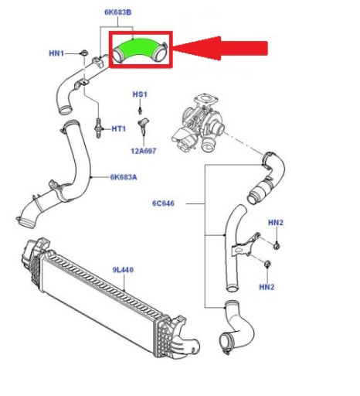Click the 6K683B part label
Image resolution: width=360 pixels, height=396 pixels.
(x=118, y=12)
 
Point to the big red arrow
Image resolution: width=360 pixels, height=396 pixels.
(x=220, y=48)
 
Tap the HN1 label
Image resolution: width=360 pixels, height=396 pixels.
(x=56, y=53)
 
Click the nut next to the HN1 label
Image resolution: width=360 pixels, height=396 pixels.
(x=84, y=53)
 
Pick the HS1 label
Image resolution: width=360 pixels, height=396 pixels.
(x=140, y=94)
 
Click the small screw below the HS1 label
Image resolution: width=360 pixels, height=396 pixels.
(x=140, y=111)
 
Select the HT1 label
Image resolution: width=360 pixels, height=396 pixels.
(x=119, y=128)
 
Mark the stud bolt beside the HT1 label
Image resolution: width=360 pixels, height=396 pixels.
(x=98, y=128)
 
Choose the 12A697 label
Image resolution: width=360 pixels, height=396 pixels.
(x=144, y=151)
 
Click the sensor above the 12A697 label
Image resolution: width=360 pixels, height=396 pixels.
(x=144, y=126)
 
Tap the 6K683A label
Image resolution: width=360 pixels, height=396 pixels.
(x=124, y=177)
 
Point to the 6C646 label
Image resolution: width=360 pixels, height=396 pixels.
(x=163, y=203)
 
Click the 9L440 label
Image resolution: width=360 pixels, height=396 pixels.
(x=123, y=270)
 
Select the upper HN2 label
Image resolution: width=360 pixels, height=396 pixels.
(x=276, y=223)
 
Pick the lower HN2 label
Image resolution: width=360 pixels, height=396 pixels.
(x=267, y=287)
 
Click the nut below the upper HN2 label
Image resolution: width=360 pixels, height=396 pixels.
(x=277, y=246)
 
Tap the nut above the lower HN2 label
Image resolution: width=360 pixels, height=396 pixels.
(x=267, y=264)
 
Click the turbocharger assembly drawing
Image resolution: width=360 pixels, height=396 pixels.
(x=199, y=124)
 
